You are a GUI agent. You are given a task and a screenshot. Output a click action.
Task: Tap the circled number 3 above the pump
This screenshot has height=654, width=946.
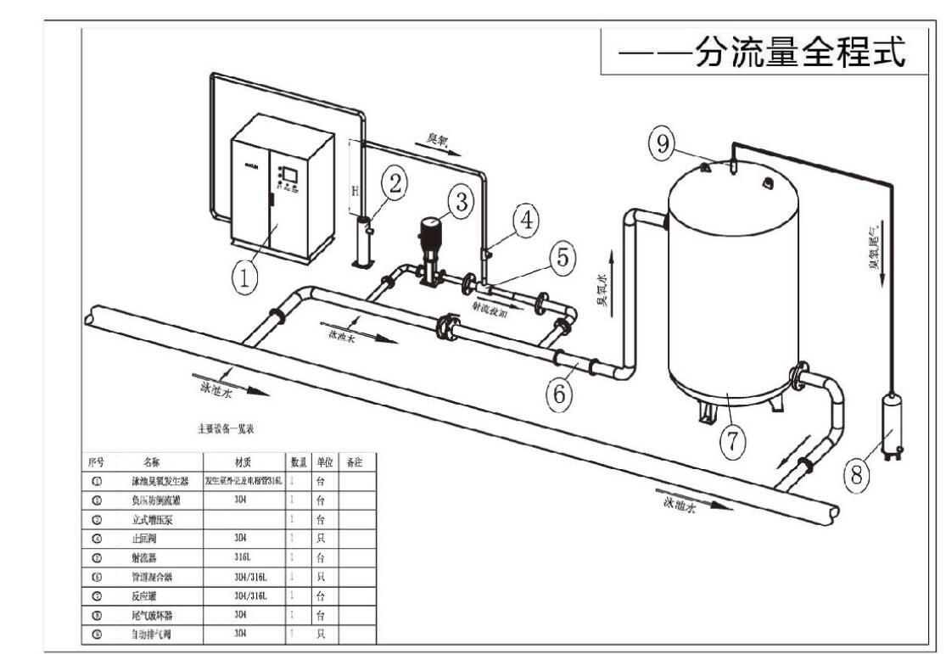[461, 202]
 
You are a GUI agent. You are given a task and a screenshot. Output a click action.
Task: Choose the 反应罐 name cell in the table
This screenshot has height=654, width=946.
[151, 596]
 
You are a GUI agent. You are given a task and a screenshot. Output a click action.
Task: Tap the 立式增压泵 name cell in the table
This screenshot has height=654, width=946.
[151, 519]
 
